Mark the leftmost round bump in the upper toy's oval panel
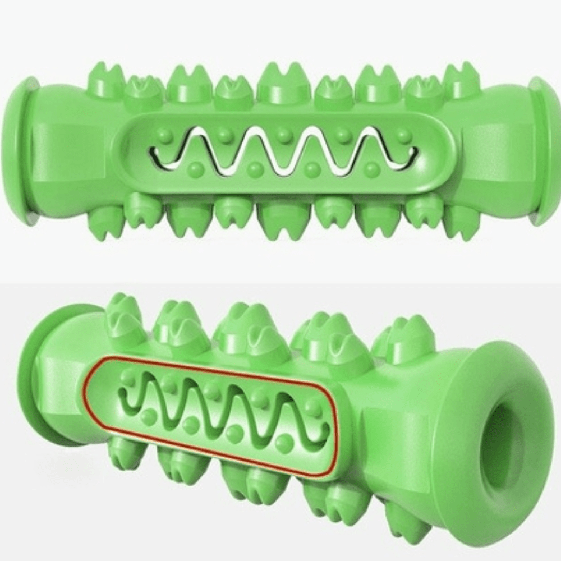point(163,135)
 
